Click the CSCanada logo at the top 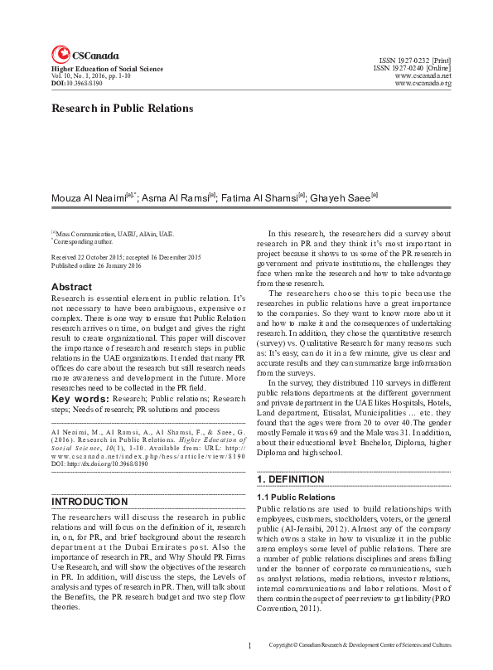click(85, 55)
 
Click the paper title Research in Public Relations click(123, 108)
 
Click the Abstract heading click(72, 288)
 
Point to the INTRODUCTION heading click(90, 502)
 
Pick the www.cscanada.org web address click(423, 84)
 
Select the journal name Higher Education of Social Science click(108, 69)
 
